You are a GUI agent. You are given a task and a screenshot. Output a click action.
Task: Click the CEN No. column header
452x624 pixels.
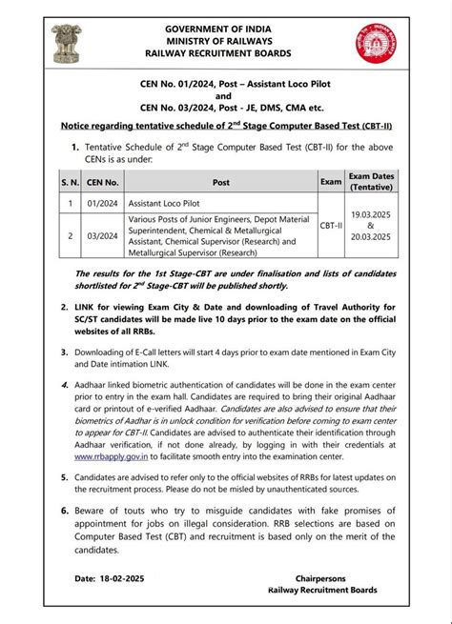(105, 180)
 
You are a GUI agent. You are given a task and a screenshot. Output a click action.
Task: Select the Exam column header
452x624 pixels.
(331, 180)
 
